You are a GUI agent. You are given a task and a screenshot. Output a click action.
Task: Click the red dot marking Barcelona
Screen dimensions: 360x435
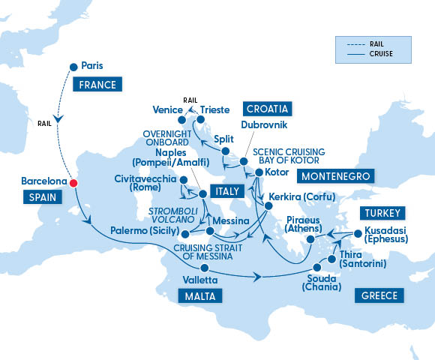[x=73, y=183]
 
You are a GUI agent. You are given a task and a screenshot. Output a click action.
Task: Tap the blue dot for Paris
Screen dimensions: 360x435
[x=73, y=67]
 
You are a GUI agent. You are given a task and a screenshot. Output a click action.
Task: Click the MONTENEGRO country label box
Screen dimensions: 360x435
[x=335, y=176]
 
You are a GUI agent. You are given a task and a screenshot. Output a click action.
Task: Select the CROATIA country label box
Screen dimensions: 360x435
[x=267, y=108]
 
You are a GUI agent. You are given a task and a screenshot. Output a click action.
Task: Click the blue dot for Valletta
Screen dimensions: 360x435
[x=203, y=268]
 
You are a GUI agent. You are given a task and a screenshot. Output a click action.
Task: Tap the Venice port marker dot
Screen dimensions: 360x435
[x=181, y=119]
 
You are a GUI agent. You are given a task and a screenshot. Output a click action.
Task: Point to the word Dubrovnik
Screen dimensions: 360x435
[x=263, y=126]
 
